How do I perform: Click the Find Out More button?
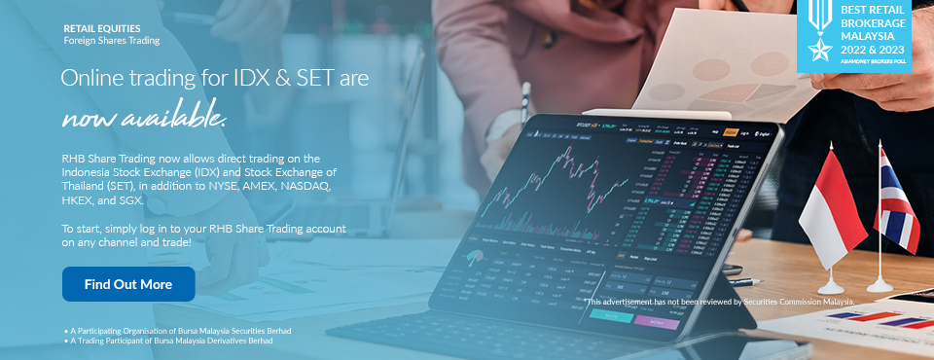[x=128, y=284]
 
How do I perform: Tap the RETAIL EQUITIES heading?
[x=102, y=29]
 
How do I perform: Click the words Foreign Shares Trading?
[x=111, y=41]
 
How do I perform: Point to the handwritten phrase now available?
[x=144, y=119]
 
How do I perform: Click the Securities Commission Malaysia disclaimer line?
[x=721, y=302]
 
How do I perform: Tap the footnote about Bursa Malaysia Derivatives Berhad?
[x=171, y=342]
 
